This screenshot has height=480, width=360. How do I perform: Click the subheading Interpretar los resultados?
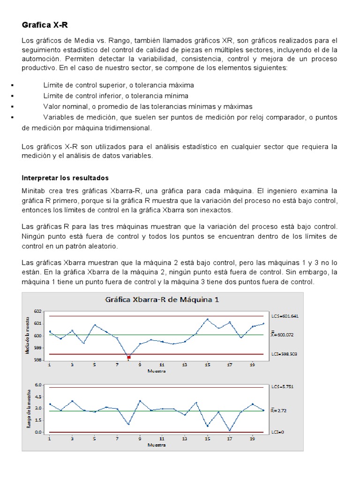pos(65,178)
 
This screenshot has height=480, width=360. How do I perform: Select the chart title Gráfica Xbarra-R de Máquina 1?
pos(163,300)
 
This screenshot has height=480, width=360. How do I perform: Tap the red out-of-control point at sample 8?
pos(128,357)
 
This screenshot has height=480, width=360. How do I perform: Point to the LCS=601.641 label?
pos(285,316)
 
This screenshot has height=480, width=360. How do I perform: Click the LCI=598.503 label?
pos(285,354)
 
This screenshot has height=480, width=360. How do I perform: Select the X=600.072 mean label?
pos(285,335)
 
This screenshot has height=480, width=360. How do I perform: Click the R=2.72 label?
pos(280,411)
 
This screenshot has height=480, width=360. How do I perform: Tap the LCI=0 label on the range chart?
pos(277,432)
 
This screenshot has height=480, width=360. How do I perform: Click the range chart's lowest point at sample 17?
pos(230,430)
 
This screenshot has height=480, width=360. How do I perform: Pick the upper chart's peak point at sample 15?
pos(207,320)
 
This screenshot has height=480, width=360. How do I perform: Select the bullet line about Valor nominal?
pos(148,106)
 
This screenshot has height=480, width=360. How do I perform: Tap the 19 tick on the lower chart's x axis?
pos(253,439)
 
